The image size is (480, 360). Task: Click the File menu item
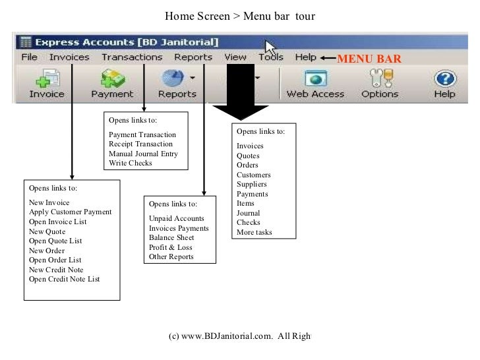pyautogui.click(x=29, y=57)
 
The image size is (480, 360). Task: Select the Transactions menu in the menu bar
pyautogui.click(x=132, y=57)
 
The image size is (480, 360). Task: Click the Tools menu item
pyautogui.click(x=271, y=57)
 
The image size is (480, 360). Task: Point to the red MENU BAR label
pyautogui.click(x=369, y=59)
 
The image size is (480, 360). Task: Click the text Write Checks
pyautogui.click(x=130, y=163)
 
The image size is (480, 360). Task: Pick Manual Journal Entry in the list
pyautogui.click(x=143, y=154)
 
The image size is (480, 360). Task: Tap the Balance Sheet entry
pyautogui.click(x=171, y=237)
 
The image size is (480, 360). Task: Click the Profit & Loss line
pyautogui.click(x=171, y=247)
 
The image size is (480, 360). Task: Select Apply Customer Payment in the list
pyautogui.click(x=70, y=212)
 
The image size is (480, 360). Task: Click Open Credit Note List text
pyautogui.click(x=65, y=279)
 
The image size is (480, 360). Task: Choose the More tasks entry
pyautogui.click(x=254, y=232)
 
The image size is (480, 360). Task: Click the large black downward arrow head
pyautogui.click(x=240, y=112)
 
